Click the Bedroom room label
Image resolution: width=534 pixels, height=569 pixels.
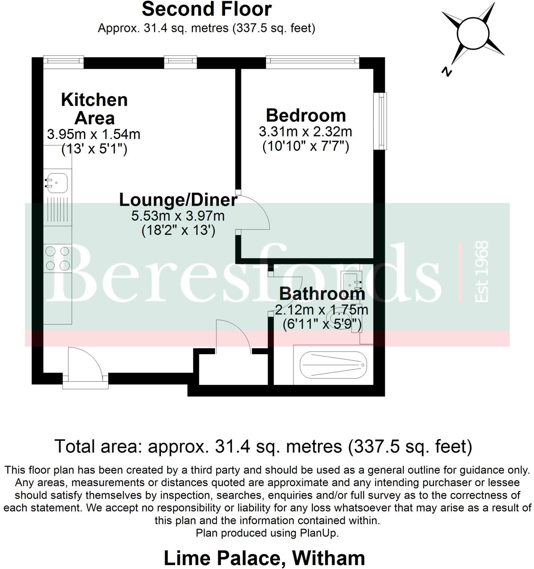tap(306, 116)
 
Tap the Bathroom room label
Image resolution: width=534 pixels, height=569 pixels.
tap(322, 294)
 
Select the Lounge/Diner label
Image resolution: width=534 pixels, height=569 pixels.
tap(178, 200)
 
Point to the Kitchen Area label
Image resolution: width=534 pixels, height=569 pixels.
tap(94, 109)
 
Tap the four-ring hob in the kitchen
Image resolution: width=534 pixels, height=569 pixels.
tap(58, 258)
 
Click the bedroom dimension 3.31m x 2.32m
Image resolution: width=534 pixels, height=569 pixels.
tap(305, 132)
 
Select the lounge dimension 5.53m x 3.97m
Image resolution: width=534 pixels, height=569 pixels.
tap(178, 216)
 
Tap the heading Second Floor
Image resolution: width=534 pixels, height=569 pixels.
tap(206, 9)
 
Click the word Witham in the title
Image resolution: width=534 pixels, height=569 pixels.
tap(328, 558)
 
